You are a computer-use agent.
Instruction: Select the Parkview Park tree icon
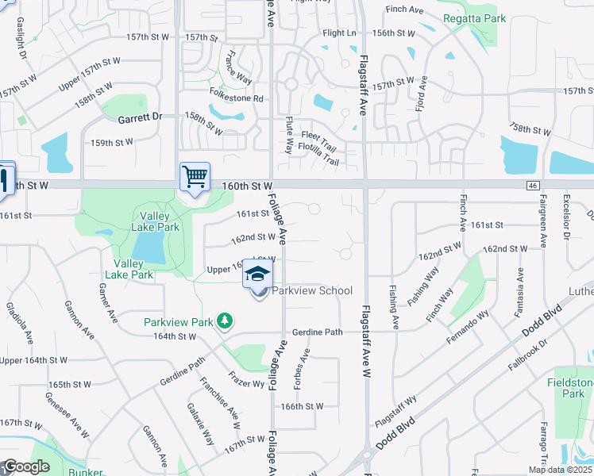click(226, 321)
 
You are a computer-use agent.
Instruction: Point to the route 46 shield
click(532, 185)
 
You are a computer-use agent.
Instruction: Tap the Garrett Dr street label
click(139, 117)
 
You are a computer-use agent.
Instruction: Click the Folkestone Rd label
click(236, 98)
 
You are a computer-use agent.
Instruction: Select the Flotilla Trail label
click(318, 163)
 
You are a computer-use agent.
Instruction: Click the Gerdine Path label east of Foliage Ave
click(317, 332)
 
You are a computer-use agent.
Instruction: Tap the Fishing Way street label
click(422, 286)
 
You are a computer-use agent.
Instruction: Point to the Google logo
click(26, 466)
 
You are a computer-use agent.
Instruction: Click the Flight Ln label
click(339, 33)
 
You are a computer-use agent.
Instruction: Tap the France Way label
click(238, 68)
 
